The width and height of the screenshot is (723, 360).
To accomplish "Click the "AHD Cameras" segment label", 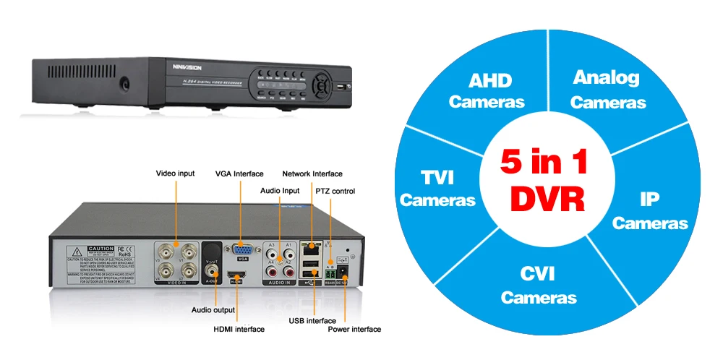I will click(487, 90).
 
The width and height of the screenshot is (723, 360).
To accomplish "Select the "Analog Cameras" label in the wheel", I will click(607, 90).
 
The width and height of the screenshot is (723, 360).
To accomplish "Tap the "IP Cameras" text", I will click(650, 210).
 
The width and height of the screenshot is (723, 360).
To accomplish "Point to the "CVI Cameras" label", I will click(539, 285).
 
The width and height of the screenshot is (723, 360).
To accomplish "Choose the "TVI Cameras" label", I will click(437, 188).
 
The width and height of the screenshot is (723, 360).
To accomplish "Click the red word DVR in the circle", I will click(547, 197).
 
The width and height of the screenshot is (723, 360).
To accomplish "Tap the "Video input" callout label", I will click(175, 173).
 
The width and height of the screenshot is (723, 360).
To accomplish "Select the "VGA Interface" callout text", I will click(239, 173).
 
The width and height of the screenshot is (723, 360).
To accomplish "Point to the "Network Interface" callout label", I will click(312, 173).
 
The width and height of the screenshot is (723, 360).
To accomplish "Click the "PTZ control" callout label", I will click(335, 191).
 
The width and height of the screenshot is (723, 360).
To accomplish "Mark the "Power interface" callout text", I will click(354, 329).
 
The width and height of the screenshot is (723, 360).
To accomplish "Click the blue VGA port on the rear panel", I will click(241, 249).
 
